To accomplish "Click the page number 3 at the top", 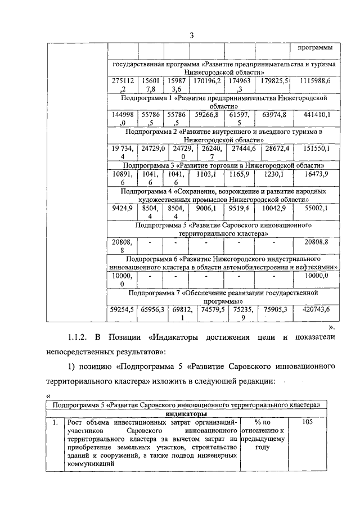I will tap(191, 35).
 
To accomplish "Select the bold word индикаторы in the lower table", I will tap(186, 413).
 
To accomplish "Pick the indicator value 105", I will tap(307, 421).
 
